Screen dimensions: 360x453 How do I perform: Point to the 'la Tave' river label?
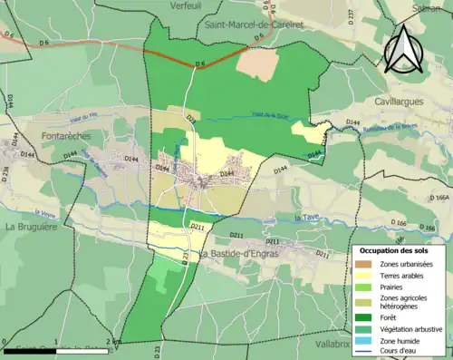point(310,218)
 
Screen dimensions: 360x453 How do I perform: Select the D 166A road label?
point(440,197)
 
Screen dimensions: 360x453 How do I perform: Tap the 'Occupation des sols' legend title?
point(400,249)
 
